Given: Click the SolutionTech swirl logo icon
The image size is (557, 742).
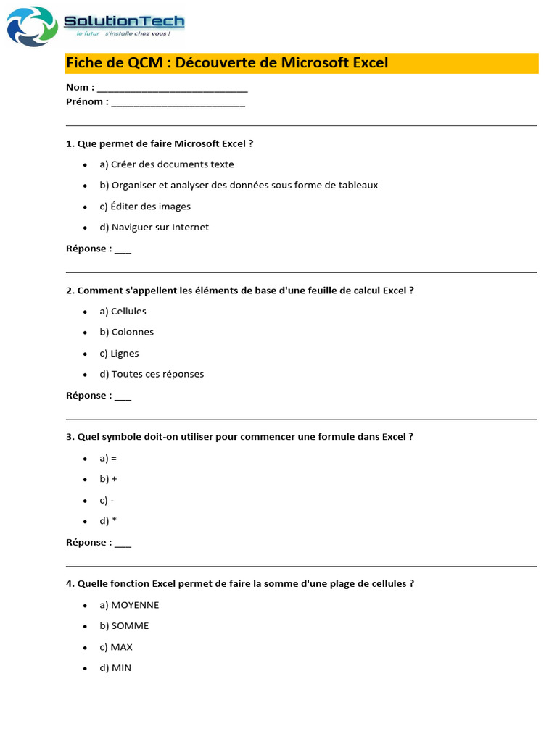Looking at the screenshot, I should [32, 27].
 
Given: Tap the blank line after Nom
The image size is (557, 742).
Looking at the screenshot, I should [172, 88].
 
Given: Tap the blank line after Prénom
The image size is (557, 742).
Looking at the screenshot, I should [178, 103].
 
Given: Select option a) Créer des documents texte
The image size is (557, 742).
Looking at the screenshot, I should [167, 164].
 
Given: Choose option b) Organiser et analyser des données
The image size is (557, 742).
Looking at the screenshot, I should [239, 185].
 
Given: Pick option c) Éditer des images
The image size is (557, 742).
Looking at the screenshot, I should [145, 207].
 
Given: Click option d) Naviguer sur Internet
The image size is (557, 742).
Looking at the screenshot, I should [154, 228].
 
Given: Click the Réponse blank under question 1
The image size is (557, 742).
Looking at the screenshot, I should [123, 250].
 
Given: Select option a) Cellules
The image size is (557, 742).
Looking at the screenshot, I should [123, 312].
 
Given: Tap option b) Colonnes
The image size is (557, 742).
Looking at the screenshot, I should [127, 333].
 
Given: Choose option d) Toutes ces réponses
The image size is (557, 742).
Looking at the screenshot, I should [152, 375].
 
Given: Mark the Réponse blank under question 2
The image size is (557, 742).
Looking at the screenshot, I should [123, 397].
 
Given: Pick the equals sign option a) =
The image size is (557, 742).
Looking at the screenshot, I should [108, 459].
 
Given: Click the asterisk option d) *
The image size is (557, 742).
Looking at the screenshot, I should [108, 521].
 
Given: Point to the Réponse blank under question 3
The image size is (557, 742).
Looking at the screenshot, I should [123, 543].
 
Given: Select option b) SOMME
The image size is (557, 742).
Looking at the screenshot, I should [124, 626].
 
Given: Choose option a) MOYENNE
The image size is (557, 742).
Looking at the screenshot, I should [129, 605].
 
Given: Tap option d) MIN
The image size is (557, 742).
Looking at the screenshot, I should [115, 668].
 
